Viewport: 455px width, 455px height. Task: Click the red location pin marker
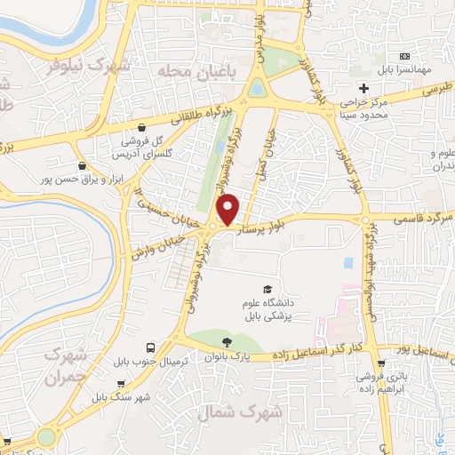pos(229,209)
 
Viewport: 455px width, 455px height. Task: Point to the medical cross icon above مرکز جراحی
pos(363,88)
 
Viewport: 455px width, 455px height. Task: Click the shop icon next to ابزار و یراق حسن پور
pos(83,164)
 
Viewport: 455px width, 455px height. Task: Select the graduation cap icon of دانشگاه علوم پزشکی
pos(266,289)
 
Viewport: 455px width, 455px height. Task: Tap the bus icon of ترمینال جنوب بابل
pos(150,347)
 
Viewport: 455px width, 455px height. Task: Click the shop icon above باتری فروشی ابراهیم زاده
pos(381,363)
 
